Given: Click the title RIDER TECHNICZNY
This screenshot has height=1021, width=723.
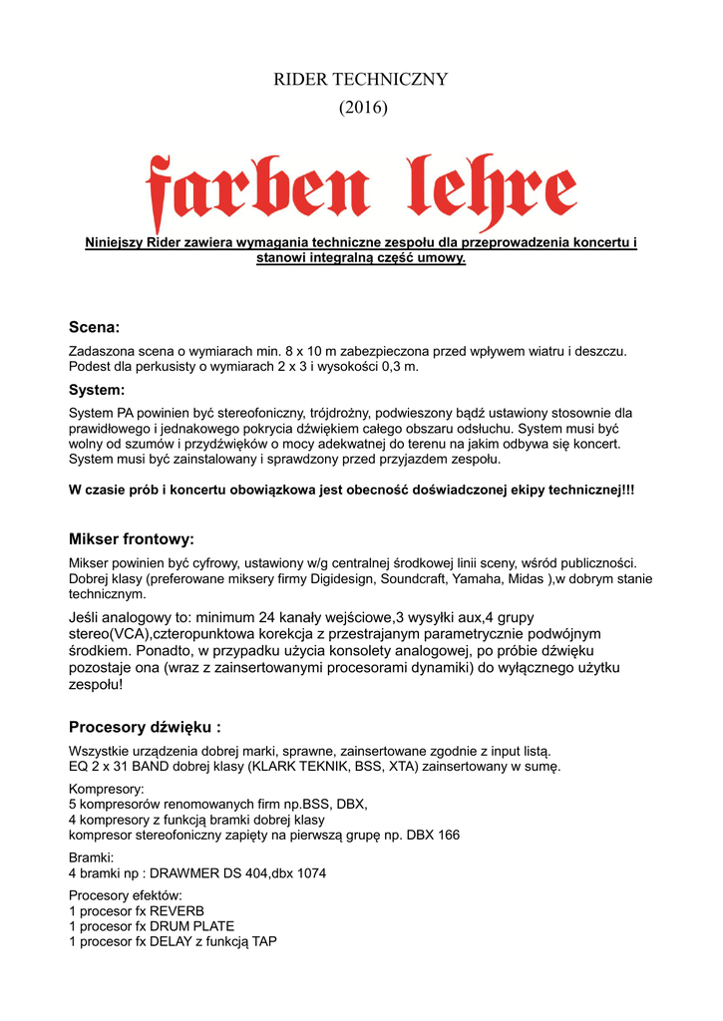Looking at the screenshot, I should pos(361,79).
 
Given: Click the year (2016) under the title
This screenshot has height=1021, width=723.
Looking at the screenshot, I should pos(361,108).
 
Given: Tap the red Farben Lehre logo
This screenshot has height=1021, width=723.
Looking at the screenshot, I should pos(361,191).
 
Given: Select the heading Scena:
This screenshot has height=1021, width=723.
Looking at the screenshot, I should pos(94,327).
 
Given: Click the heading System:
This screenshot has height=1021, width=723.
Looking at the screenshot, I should pos(96,390).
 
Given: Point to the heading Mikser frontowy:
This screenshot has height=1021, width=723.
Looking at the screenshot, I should pos(131,539).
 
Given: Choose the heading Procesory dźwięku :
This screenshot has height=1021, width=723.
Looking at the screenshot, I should pos(145,727).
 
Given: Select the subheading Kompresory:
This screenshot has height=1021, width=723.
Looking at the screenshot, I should pos(106,789).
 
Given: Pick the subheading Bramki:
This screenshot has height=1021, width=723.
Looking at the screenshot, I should pos(91,857).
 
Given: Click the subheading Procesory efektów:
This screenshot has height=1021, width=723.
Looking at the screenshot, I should pos(125,895).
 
